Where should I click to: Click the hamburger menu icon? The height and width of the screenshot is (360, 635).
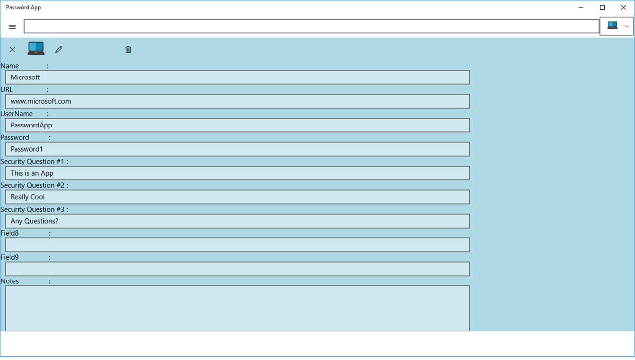coord(12,27)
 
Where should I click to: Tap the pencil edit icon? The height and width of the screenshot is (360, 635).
coord(59,50)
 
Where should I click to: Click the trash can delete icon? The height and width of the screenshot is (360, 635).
coord(128,50)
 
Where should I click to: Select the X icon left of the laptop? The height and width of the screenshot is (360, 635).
coord(12,50)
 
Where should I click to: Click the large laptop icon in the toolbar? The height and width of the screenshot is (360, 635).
coord(36,48)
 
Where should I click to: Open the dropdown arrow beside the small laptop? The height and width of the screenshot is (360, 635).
coord(627,26)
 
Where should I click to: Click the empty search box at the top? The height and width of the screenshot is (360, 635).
coord(311,26)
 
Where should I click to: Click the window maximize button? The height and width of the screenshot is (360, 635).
coord(603,8)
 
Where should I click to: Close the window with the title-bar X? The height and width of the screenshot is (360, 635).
coord(623,8)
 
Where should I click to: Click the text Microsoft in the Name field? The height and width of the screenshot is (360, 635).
coord(25,77)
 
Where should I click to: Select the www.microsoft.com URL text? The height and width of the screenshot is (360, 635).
coord(41,101)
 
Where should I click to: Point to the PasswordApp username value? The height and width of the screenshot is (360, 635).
coord(31,125)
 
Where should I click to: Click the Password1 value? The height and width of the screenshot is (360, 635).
coord(27,149)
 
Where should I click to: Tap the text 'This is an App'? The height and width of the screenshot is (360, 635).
coord(32,173)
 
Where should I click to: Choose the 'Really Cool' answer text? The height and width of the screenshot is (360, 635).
coord(28,197)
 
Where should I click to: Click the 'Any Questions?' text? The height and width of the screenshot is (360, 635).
coord(34,221)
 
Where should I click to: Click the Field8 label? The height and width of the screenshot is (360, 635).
coord(10,233)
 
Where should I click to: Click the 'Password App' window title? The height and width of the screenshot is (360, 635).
coord(23,8)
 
